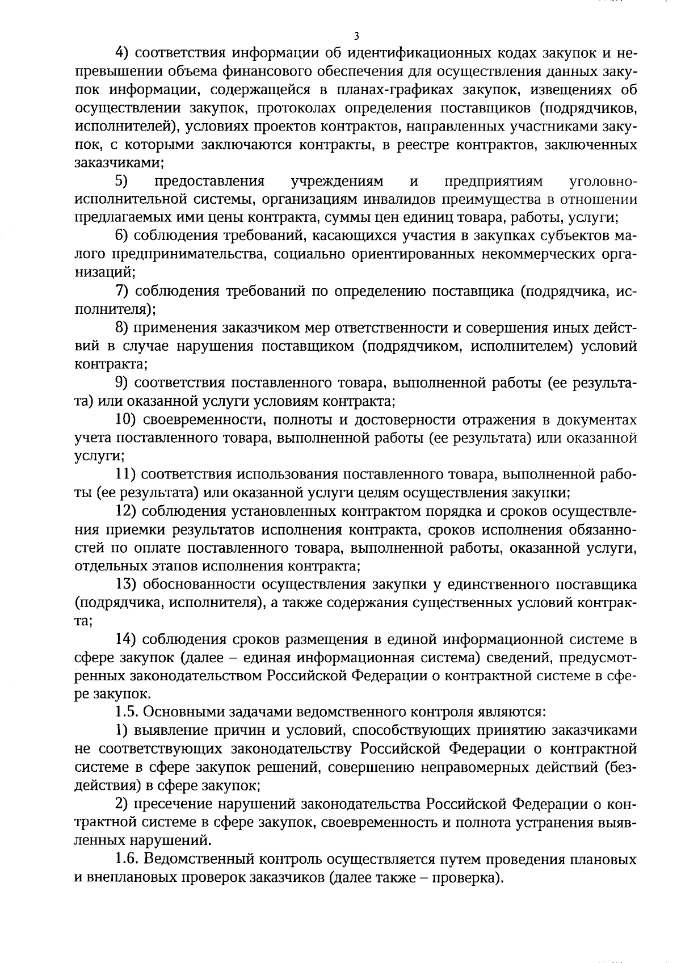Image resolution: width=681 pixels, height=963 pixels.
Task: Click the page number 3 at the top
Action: coord(356,36)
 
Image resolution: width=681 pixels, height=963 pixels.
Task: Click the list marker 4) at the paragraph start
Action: coord(123,53)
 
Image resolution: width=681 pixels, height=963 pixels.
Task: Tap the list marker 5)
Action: coord(123,182)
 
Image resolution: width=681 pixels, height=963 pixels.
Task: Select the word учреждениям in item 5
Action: coord(337,182)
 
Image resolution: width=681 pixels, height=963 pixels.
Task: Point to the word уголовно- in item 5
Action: coord(602,182)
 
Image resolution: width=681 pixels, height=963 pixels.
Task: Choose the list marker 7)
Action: coord(123,291)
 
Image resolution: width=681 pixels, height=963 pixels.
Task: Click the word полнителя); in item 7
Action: coord(116,310)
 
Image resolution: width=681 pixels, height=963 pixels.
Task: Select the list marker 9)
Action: coord(123,383)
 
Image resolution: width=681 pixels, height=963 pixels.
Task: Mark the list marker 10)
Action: coord(125,419)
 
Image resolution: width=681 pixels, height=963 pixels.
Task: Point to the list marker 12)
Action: coord(125,511)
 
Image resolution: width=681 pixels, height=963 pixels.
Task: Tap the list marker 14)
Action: coord(125,639)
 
